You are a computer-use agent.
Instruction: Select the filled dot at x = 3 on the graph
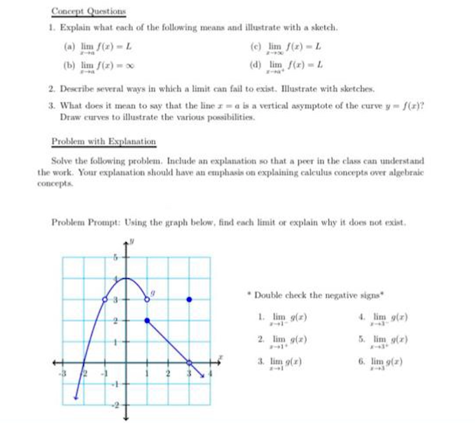(x=189, y=300)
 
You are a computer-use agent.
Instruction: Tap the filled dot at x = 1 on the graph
(x=147, y=320)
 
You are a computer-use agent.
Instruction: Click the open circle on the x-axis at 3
(x=189, y=362)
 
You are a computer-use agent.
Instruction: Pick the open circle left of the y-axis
(x=105, y=300)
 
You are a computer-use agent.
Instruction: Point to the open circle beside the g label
(x=147, y=299)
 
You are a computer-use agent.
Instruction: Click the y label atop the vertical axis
(x=132, y=241)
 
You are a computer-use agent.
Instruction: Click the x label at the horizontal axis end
(x=220, y=357)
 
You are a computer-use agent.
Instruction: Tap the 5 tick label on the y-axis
(x=115, y=258)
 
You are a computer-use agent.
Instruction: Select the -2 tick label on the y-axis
(x=115, y=405)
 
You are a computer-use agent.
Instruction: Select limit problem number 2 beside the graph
(x=282, y=340)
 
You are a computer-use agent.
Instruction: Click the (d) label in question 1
(x=255, y=64)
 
